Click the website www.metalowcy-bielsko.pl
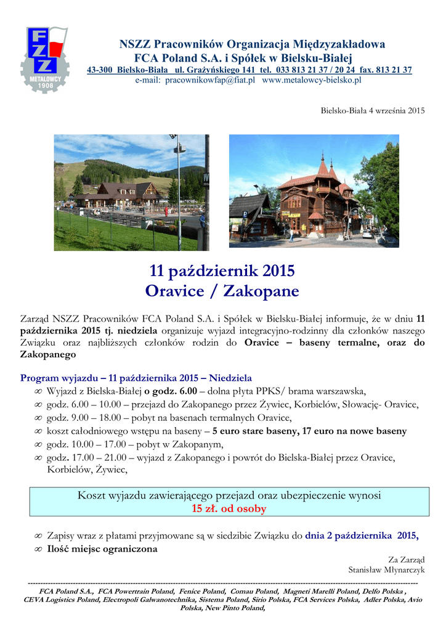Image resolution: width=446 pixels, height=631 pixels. click(x=312, y=80)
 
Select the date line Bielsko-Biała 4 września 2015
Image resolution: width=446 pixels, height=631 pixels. click(x=373, y=111)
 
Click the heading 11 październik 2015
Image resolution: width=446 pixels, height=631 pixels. click(x=222, y=271)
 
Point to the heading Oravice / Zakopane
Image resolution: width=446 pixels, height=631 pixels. click(x=222, y=290)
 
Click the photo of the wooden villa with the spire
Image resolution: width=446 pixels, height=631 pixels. click(x=314, y=192)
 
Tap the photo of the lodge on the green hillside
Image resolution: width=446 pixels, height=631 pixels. click(x=131, y=192)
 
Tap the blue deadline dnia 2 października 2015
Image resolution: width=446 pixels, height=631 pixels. click(x=362, y=535)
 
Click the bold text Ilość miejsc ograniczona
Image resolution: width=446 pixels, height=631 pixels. click(x=102, y=548)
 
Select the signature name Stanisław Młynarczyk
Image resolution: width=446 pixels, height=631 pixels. click(x=386, y=570)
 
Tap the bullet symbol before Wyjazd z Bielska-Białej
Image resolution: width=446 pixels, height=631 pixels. click(x=38, y=391)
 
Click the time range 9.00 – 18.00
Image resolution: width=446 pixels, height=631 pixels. click(x=96, y=417)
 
